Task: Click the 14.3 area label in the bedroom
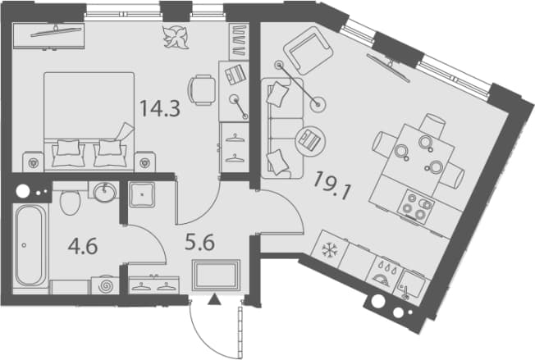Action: pos(160,109)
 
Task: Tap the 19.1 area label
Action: pos(332,186)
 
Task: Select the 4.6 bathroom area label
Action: pos(83,247)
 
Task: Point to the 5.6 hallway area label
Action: pos(199,243)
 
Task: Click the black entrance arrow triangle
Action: pos(215,299)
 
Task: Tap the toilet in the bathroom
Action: pos(71,201)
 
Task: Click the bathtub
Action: pos(30,245)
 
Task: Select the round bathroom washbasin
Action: pos(104,192)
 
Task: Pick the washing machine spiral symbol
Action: pos(105,285)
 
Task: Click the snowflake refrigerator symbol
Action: pos(330,251)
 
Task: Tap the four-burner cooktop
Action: pos(416,207)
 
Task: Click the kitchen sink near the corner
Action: pos(411,285)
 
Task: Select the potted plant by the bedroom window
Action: pos(176,37)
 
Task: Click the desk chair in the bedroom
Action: pos(201,90)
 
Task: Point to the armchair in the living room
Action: pos(308,50)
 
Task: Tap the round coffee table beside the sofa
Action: pos(310,140)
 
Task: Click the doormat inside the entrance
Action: pos(216,276)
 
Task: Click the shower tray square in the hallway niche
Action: pos(142,194)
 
